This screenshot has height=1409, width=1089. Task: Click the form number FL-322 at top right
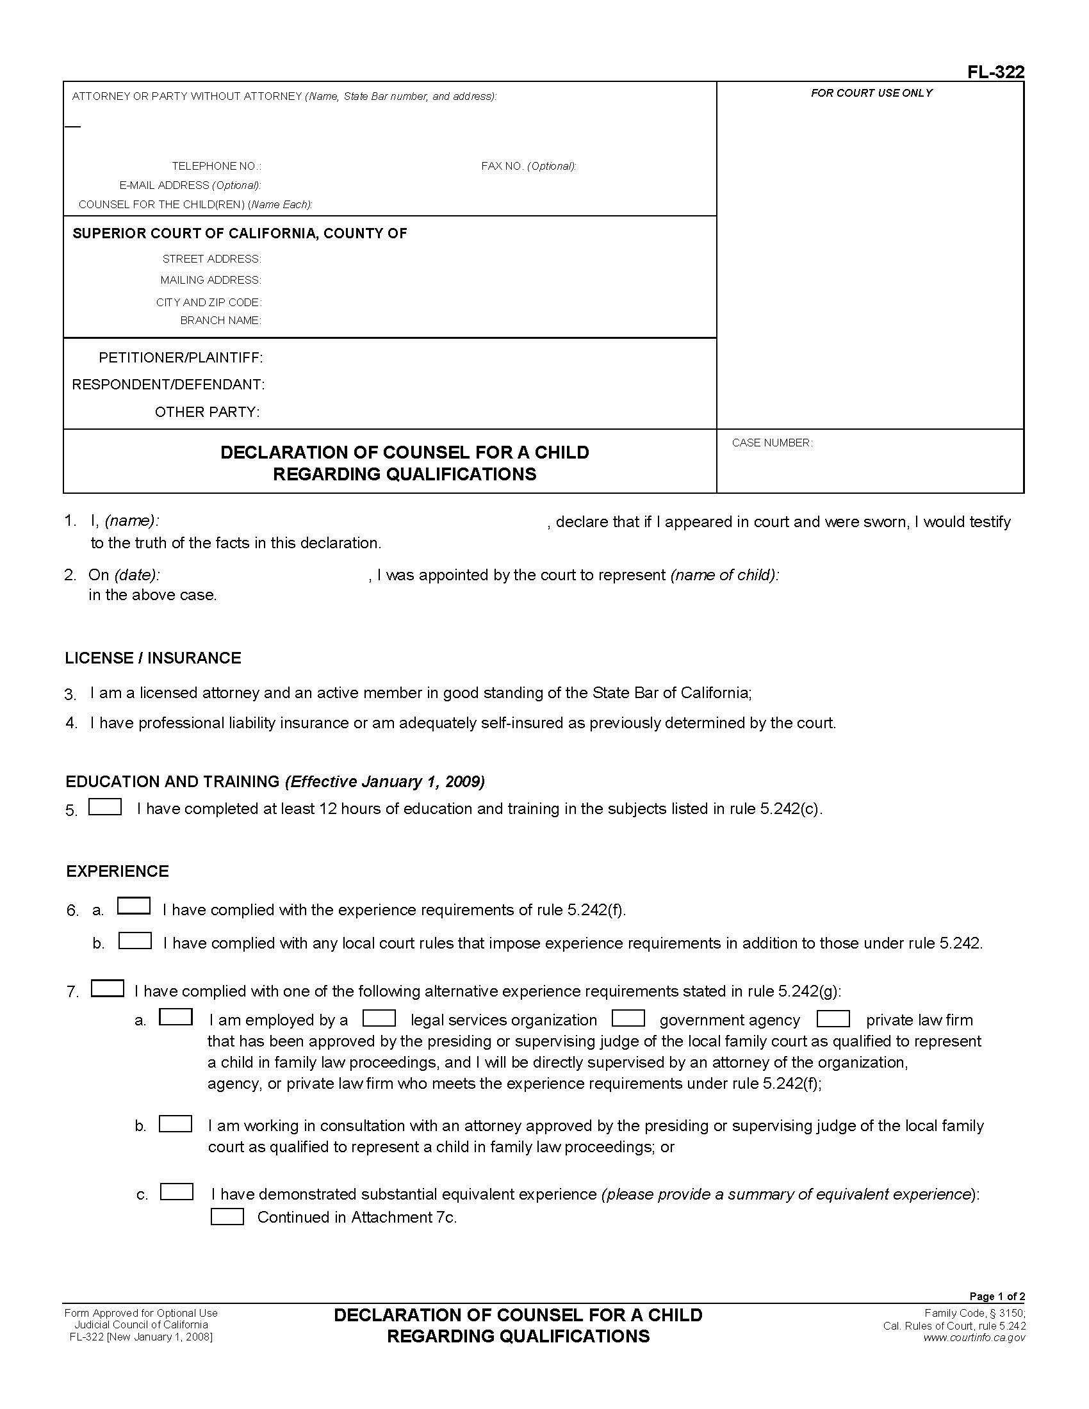(x=995, y=72)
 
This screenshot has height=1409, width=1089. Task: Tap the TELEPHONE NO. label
(x=216, y=167)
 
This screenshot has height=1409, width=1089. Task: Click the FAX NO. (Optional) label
(x=528, y=167)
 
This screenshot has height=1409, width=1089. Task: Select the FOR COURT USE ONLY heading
(x=871, y=93)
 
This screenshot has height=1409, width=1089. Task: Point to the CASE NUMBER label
(x=772, y=443)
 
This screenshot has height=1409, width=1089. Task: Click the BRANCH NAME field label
(x=220, y=321)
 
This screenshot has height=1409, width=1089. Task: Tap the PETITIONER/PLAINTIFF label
(x=181, y=357)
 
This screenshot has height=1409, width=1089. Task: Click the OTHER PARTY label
(x=207, y=412)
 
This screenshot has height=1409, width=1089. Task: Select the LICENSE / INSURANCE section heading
(x=153, y=658)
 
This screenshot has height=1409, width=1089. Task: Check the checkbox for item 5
(x=105, y=807)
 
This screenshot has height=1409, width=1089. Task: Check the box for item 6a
(x=133, y=906)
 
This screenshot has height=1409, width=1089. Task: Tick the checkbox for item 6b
(x=135, y=941)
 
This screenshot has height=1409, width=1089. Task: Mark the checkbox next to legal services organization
(x=379, y=1018)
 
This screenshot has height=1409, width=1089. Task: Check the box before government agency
(x=628, y=1018)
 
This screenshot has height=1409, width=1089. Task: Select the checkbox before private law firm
(x=833, y=1018)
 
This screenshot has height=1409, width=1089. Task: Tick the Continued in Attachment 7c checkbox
(x=227, y=1217)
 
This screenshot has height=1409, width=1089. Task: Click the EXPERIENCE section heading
(x=117, y=871)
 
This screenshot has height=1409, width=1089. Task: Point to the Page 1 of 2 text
(x=997, y=1296)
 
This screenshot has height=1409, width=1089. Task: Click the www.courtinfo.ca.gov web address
(x=974, y=1337)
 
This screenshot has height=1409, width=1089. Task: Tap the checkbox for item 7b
(x=176, y=1124)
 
